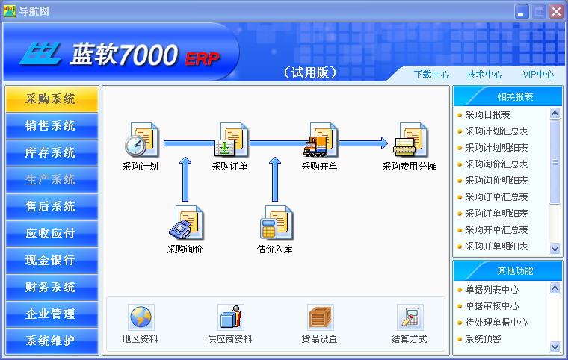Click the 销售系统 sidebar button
coord(52,125)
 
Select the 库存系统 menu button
coord(52,152)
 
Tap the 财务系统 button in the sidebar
coord(52,287)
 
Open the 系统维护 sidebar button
coord(52,341)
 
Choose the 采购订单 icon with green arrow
coord(231,140)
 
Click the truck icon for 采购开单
coord(321,140)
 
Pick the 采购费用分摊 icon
coord(410,140)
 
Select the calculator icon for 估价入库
coord(276,223)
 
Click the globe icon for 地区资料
coord(141,317)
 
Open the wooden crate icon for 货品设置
coord(320,317)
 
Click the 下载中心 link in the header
coord(431,75)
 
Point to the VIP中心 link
coord(538,75)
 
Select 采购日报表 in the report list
coord(487,115)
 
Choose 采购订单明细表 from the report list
coord(496,214)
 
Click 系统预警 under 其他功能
coord(483,338)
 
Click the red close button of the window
coord(556,12)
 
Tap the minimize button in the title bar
coord(522,12)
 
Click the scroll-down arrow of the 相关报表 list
coord(555,249)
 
